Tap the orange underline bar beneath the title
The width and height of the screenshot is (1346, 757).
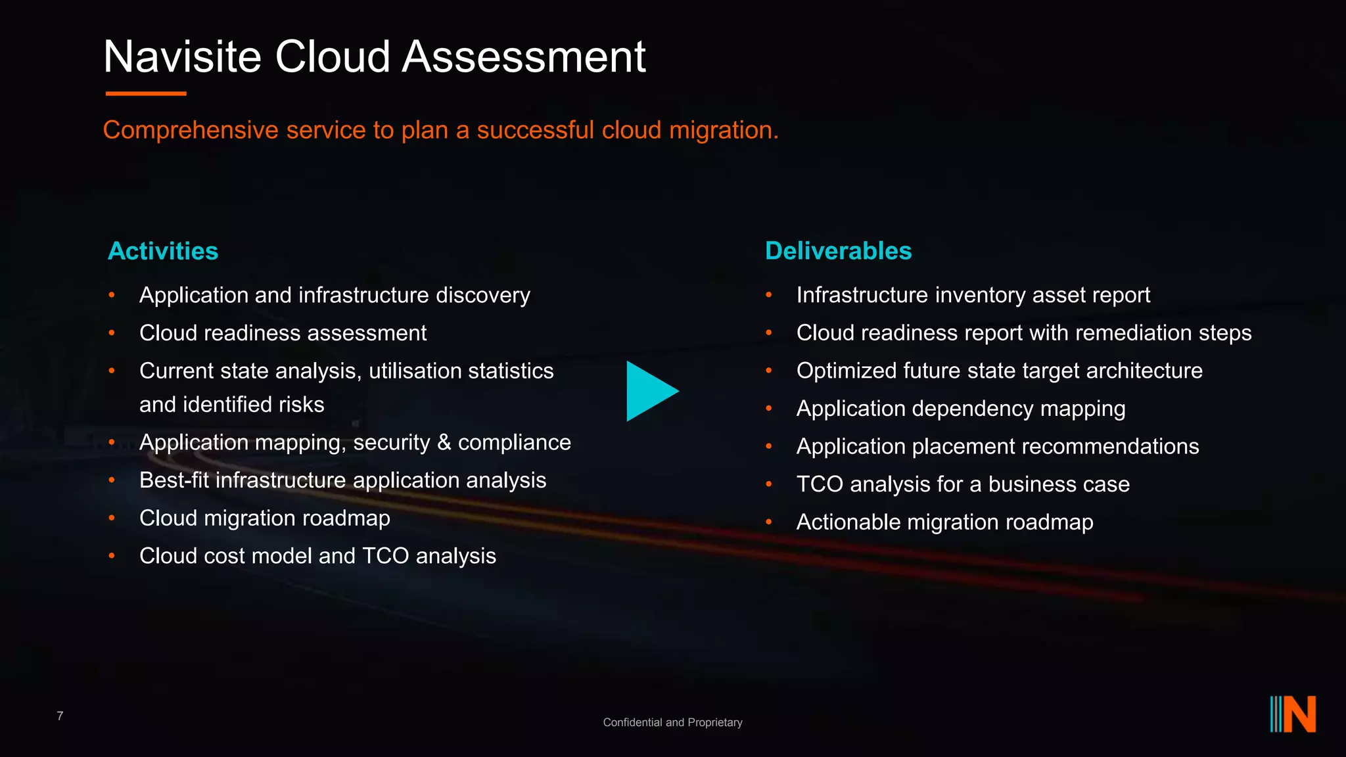coord(146,94)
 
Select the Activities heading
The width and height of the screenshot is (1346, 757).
coord(163,251)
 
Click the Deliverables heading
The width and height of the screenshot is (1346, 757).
coord(839,251)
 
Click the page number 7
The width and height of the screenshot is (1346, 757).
coord(60,716)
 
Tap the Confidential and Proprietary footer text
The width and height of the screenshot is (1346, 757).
coord(672,722)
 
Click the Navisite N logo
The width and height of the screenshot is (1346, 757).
coord(1293,714)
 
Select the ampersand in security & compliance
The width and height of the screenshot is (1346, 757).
coord(444,442)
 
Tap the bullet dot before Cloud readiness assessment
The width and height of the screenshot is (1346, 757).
coord(112,333)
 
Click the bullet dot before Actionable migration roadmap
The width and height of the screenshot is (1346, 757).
coord(769,522)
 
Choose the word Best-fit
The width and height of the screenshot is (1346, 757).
coord(174,480)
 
